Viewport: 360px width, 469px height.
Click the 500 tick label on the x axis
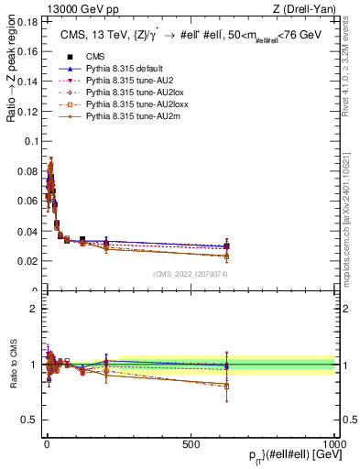[x=191, y=443]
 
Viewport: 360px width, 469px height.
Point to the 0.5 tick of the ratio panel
[x=29, y=420]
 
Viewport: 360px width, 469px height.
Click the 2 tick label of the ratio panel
[x=33, y=308]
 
